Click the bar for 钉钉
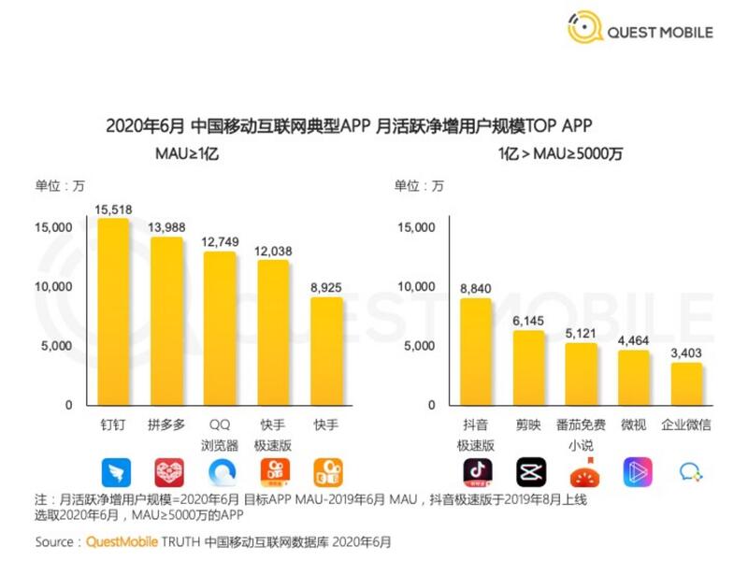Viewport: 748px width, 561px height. [x=114, y=313]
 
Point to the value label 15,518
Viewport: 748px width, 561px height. [x=114, y=209]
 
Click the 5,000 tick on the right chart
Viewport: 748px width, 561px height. [x=418, y=346]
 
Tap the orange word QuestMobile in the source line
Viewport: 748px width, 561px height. [x=123, y=541]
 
